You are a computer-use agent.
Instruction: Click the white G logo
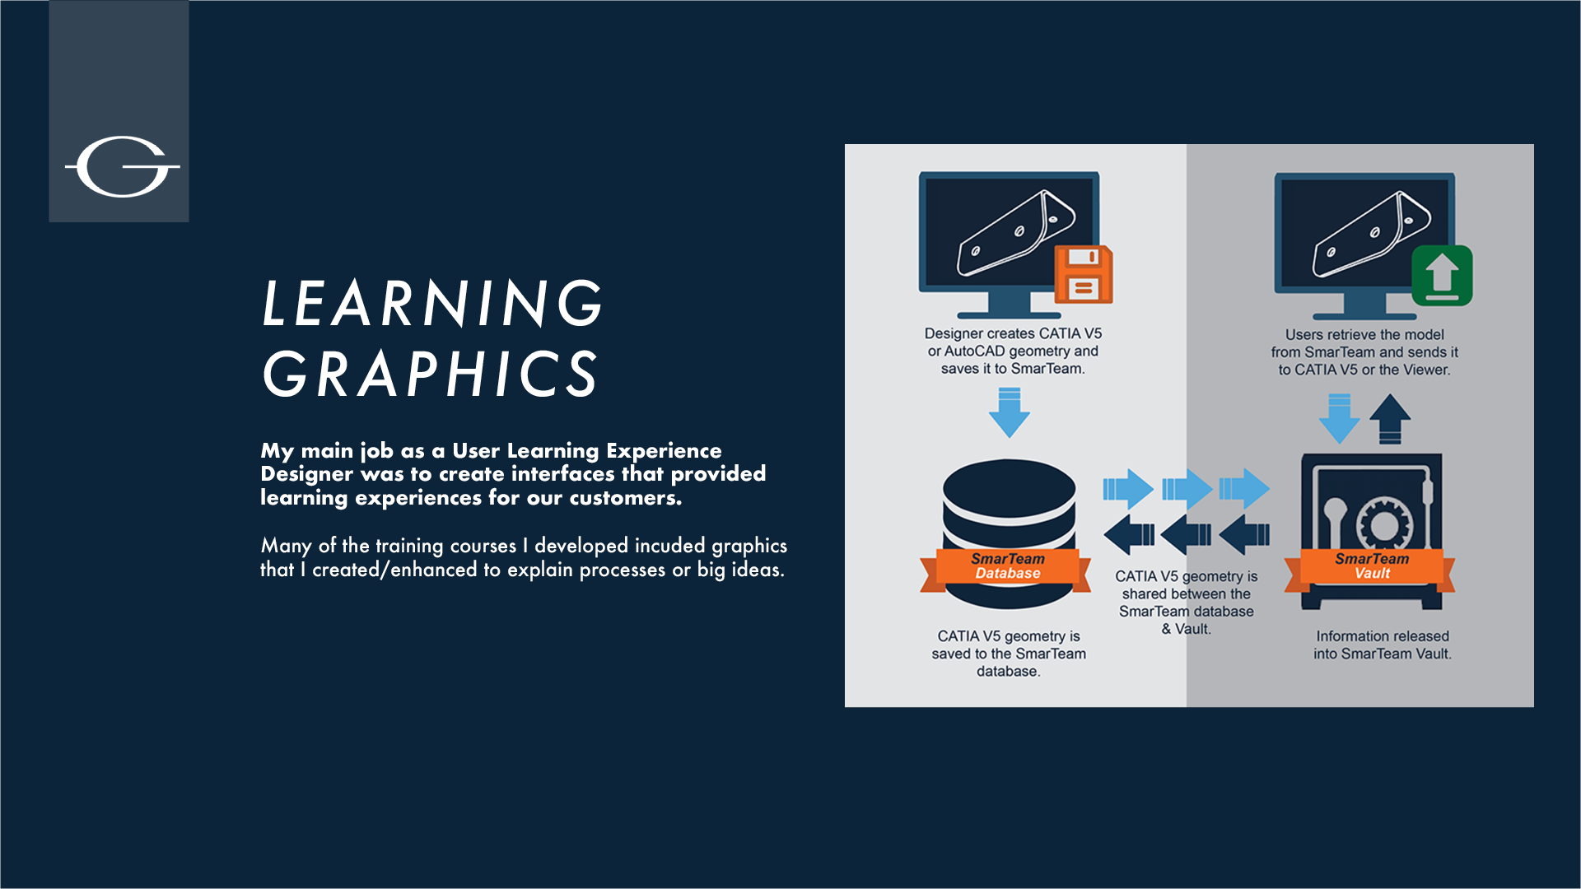click(x=123, y=167)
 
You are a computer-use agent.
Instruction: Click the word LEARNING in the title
click(x=433, y=303)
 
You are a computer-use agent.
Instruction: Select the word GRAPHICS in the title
click(x=430, y=374)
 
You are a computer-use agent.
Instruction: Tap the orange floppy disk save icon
click(x=1084, y=274)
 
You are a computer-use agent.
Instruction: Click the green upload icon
click(x=1442, y=275)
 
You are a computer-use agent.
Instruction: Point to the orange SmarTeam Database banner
click(x=1006, y=568)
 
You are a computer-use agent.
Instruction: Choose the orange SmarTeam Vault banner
click(x=1370, y=568)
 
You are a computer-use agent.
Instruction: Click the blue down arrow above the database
click(x=1010, y=413)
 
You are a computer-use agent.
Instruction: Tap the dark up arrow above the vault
click(x=1390, y=419)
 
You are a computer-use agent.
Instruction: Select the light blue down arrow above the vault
click(x=1340, y=419)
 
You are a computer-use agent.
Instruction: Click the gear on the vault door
click(x=1384, y=524)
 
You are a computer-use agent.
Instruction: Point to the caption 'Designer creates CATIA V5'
click(x=1013, y=333)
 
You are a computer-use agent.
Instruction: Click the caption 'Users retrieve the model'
click(x=1364, y=335)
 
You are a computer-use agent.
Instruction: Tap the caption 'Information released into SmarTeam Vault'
click(x=1383, y=645)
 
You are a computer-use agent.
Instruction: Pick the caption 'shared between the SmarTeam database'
click(x=1187, y=603)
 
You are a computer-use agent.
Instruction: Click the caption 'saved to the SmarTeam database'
click(x=1009, y=663)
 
